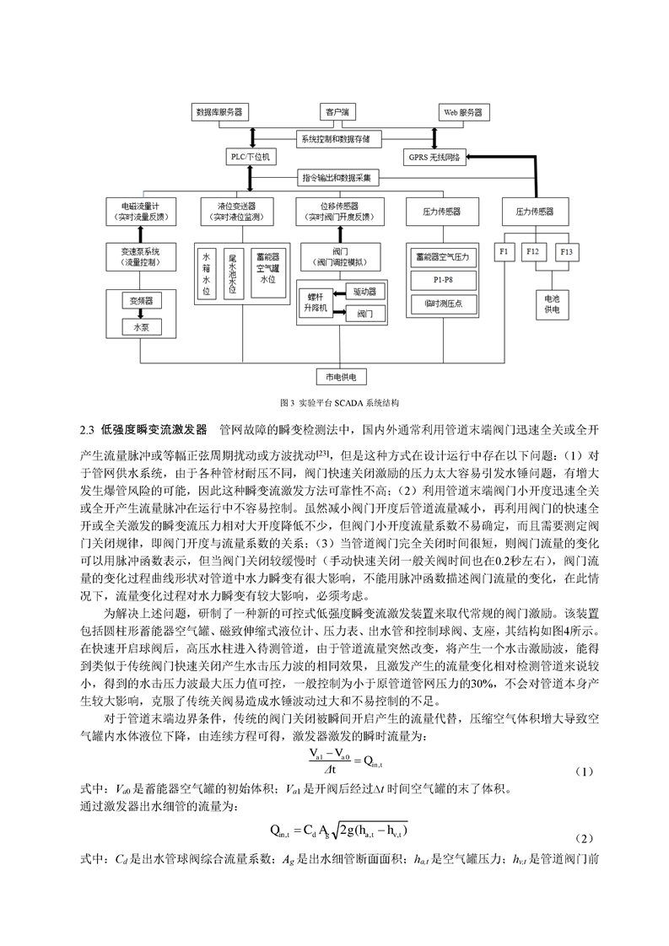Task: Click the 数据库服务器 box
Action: coord(219,112)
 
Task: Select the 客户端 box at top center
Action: coord(337,112)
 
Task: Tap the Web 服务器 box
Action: coord(463,112)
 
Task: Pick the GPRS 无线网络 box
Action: coord(434,158)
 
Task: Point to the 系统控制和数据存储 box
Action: coord(336,139)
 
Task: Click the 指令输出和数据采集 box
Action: coord(337,177)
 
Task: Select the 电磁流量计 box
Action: coord(141,212)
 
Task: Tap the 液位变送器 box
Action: coord(237,212)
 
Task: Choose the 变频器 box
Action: coord(141,300)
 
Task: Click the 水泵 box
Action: coord(141,328)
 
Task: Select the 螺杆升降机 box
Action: coord(316,303)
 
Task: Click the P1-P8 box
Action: coord(443,281)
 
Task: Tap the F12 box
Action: coord(532,251)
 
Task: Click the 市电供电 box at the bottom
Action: coord(341,377)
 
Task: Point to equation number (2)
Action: coord(584,839)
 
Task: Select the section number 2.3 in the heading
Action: coord(87,429)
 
